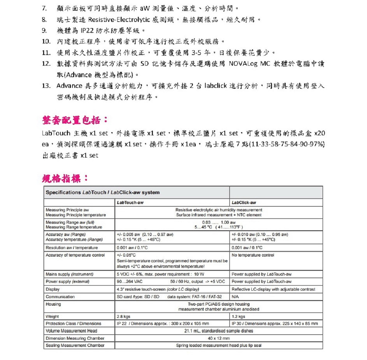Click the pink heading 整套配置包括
[75, 120]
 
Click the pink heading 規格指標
[65, 179]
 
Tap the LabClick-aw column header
[244, 202]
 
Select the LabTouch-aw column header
[130, 202]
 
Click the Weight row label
[52, 317]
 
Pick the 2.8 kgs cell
[123, 317]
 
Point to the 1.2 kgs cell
[238, 317]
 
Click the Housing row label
[53, 304]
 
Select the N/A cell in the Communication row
[235, 297]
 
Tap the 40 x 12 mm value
[219, 338]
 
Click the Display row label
[53, 289]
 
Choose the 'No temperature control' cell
[253, 255]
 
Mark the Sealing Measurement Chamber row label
[75, 345]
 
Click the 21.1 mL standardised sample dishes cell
[219, 331]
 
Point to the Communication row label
[60, 297]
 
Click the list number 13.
[46, 86]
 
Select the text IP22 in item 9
[87, 31]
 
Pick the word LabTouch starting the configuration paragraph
[56, 133]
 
